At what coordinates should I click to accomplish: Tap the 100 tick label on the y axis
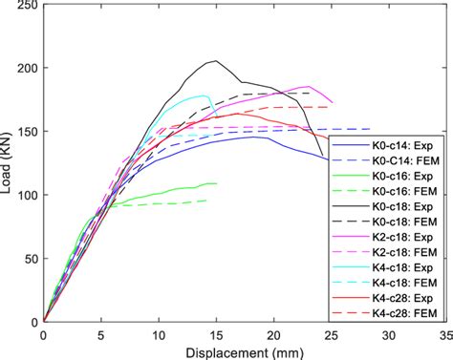(28, 195)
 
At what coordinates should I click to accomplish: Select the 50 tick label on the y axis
(31, 259)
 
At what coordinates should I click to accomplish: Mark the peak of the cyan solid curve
(205, 95)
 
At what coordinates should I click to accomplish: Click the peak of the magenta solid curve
(308, 86)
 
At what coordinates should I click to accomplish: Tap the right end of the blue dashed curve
(370, 129)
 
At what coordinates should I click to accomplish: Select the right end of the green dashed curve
(206, 200)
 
